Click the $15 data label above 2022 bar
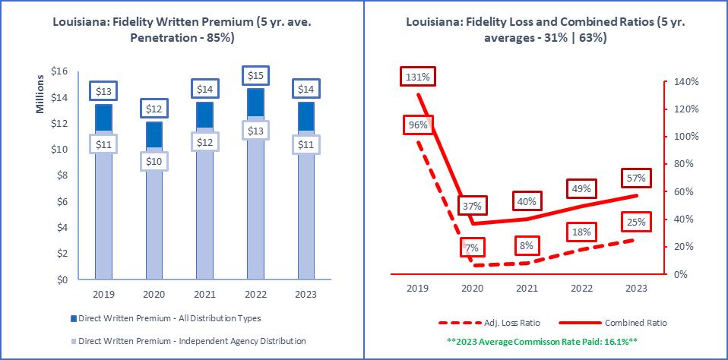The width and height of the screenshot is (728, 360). tap(255, 76)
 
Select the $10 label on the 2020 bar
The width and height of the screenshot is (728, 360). tap(154, 162)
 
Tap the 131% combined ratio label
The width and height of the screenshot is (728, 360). tap(418, 77)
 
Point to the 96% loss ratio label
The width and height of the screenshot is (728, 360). tap(418, 125)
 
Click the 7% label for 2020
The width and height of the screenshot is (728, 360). tap(471, 248)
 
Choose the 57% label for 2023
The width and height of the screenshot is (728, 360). tap(636, 178)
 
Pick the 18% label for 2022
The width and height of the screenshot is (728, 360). tap(582, 232)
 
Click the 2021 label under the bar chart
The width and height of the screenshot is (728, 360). tap(204, 294)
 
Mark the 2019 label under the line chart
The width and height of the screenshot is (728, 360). tap(418, 289)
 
